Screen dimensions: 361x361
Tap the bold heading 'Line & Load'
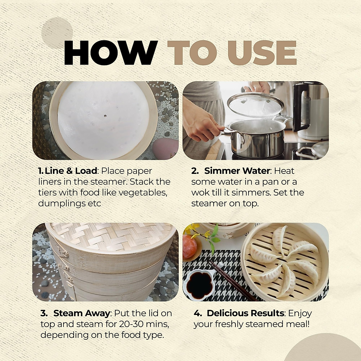point(71,171)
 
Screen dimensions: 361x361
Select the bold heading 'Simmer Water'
point(237,171)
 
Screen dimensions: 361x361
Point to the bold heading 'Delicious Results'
point(245,313)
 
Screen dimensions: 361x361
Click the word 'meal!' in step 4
point(297,324)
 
